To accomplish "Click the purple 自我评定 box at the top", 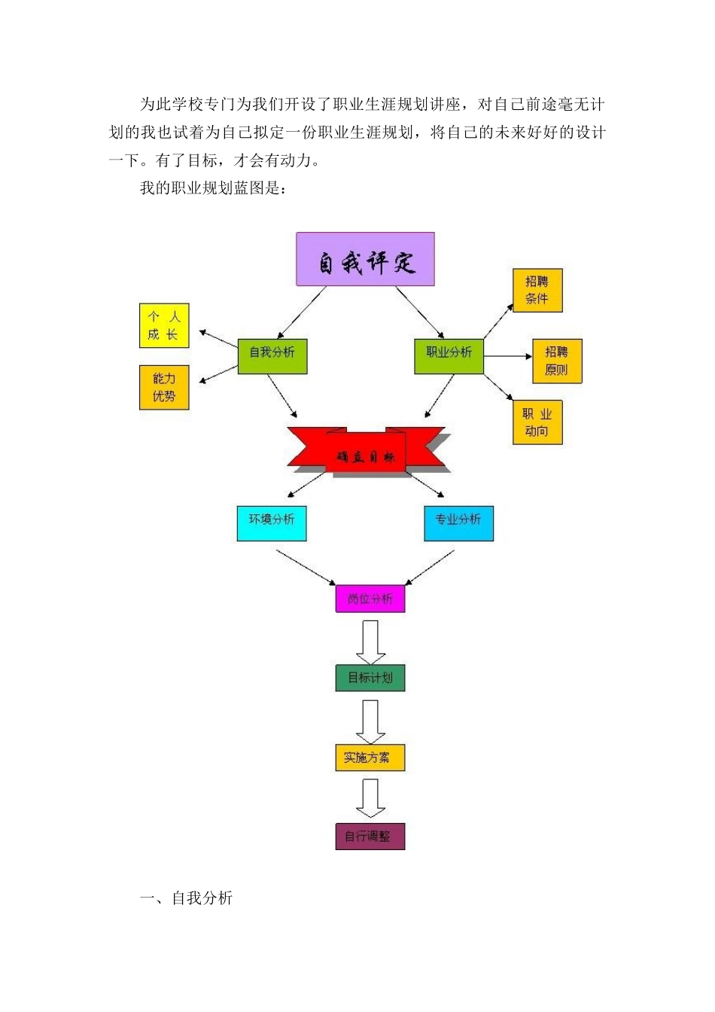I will [x=365, y=259].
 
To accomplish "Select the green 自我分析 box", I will [x=272, y=355].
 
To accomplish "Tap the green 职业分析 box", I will [x=449, y=355].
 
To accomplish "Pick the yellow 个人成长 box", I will [x=164, y=326].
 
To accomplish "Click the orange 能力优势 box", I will [x=164, y=388].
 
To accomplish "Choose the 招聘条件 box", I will [x=537, y=291].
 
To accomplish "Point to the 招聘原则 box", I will [x=557, y=361].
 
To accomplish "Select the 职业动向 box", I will [x=537, y=422].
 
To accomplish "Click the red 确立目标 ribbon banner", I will [x=367, y=454].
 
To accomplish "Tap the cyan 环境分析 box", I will [x=272, y=523].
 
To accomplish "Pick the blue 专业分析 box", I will [x=458, y=523].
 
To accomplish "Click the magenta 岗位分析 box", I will [x=370, y=599].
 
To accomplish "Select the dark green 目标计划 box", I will [x=370, y=678].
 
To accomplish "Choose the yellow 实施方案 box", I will [x=370, y=757].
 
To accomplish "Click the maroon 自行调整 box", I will [x=370, y=837].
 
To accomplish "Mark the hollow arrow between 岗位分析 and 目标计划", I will [x=370, y=641].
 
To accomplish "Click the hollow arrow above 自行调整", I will [x=370, y=798].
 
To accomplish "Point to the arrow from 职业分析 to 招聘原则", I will [x=508, y=356].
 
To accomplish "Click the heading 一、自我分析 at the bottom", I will [x=187, y=898].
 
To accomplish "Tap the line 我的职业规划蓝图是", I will [x=212, y=188].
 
